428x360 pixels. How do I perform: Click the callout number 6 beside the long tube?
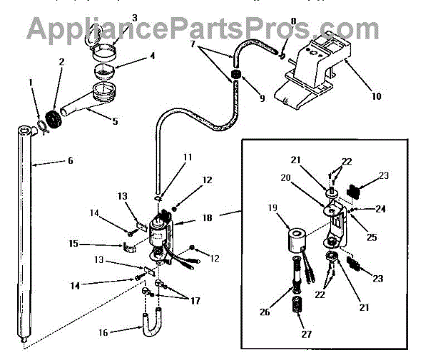coord(70,161)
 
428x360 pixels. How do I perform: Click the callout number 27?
coord(305,334)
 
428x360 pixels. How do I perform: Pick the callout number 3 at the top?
coord(135,16)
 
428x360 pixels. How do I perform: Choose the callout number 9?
coord(262,99)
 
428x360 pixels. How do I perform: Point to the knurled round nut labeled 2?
coord(52,117)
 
